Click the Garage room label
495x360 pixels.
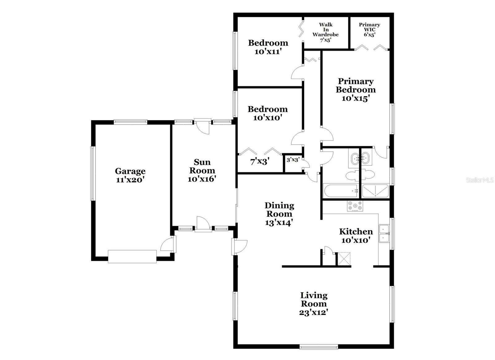click(x=130, y=171)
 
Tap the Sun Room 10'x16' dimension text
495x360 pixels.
click(x=202, y=179)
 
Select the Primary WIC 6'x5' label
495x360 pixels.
click(x=369, y=30)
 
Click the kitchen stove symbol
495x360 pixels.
click(x=355, y=206)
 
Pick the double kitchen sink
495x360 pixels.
click(x=384, y=234)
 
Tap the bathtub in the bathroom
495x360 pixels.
click(x=341, y=191)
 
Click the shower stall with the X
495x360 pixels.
click(x=375, y=191)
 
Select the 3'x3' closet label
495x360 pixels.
click(x=293, y=160)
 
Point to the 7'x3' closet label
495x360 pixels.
click(x=260, y=161)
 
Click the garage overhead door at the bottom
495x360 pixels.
click(x=132, y=256)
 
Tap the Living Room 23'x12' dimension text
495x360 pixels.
click(x=313, y=313)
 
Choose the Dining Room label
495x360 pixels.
click(x=279, y=210)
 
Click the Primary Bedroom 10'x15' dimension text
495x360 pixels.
click(x=356, y=98)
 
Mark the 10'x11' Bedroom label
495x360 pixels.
click(x=268, y=47)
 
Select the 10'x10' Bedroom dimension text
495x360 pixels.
click(x=268, y=118)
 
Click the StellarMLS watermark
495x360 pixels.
click(x=480, y=180)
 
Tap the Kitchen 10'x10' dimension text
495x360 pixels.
click(x=356, y=240)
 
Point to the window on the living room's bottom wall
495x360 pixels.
click(x=319, y=347)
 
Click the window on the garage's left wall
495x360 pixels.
click(x=93, y=173)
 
